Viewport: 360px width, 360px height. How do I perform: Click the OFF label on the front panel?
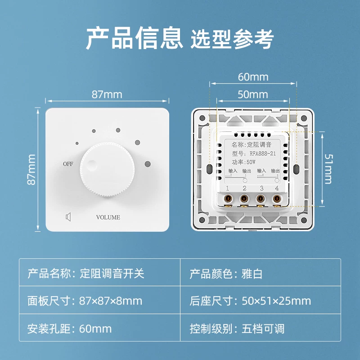coord(68,164)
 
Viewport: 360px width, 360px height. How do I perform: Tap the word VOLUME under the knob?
coord(108,217)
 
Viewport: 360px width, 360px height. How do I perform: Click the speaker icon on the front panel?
coord(68,217)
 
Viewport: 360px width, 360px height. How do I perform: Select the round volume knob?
coord(107,170)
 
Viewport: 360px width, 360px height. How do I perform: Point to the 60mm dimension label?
coord(253,77)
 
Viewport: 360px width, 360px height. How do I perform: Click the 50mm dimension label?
coord(253,94)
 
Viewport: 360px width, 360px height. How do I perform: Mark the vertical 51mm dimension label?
coord(328,169)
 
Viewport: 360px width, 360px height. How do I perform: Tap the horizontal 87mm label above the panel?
coord(107,94)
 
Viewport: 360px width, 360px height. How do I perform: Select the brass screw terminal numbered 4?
coord(277,198)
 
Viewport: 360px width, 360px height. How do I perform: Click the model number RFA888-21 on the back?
coord(263,153)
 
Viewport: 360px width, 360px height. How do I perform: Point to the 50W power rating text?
coord(251,162)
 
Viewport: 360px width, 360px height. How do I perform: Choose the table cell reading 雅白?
coord(252,274)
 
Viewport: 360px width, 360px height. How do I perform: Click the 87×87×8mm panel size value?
coord(111,301)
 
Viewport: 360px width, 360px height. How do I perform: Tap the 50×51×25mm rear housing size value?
coord(276,301)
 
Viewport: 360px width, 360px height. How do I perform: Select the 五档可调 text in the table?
coord(263,328)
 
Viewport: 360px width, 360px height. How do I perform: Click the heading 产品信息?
coord(134,38)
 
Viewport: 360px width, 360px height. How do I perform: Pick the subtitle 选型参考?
coord(232,39)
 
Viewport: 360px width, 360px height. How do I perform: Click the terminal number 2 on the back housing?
coord(244,188)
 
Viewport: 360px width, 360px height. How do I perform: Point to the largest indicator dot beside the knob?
coord(148,164)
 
